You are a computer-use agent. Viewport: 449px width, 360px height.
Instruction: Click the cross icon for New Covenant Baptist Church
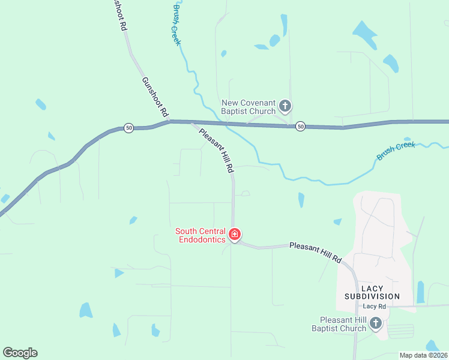click(x=285, y=107)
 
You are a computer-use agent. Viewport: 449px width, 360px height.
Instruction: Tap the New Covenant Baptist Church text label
click(x=249, y=107)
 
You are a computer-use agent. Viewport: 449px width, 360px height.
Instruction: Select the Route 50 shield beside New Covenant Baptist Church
click(x=300, y=126)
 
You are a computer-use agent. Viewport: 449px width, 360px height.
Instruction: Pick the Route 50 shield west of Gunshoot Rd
click(x=128, y=128)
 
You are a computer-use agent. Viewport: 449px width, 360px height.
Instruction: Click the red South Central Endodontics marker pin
click(x=235, y=234)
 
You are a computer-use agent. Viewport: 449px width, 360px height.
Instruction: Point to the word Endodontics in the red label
click(x=200, y=239)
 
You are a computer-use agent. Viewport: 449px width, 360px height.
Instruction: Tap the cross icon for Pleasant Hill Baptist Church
click(x=376, y=324)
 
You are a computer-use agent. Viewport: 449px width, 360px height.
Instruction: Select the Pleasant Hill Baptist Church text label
click(x=339, y=324)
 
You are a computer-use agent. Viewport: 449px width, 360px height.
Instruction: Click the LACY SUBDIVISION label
click(x=372, y=292)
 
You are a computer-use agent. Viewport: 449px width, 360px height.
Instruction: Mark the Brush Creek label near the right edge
click(x=396, y=151)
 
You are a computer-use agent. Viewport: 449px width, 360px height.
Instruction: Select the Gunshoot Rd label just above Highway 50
click(x=155, y=97)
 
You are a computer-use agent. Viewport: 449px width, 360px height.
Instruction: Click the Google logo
click(x=20, y=353)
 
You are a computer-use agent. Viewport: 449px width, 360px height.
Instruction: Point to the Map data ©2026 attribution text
click(x=423, y=355)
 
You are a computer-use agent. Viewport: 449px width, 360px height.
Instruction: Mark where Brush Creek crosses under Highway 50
click(x=226, y=123)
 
